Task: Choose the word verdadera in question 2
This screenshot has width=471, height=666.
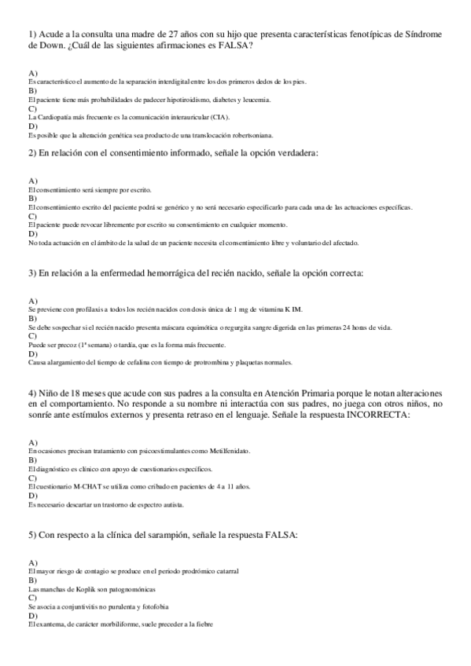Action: [292, 153]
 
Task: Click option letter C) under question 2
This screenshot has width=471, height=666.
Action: [32, 216]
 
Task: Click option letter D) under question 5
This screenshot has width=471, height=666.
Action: [32, 617]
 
